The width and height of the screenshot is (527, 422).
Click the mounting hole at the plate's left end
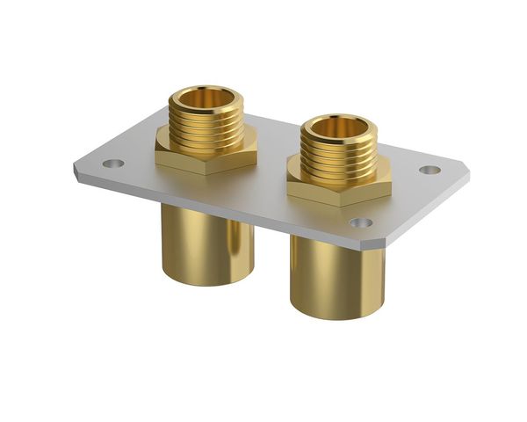pos(111,163)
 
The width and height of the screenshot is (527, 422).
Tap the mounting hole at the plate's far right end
pos(430,169)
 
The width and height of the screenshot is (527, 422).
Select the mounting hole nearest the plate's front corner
pos(360,222)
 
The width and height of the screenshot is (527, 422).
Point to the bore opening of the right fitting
pos(338,128)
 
